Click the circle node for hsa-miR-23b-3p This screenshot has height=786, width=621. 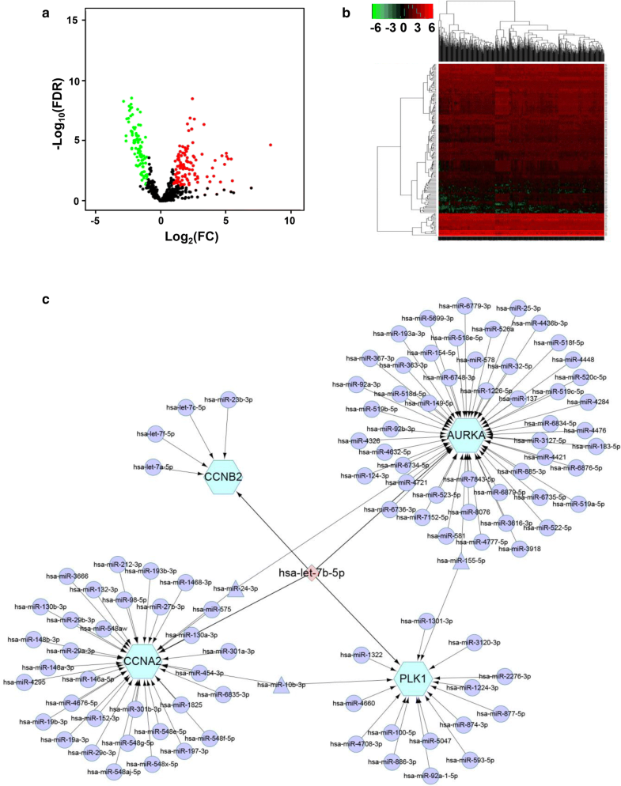(x=229, y=399)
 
